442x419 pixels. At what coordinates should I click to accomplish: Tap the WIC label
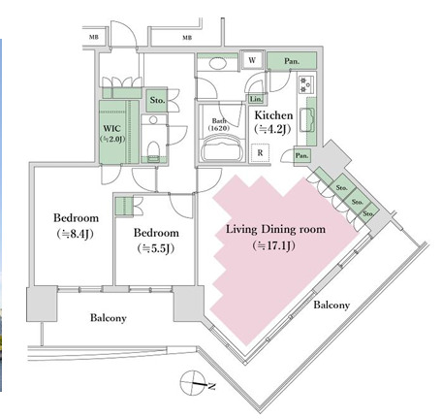pos(112,128)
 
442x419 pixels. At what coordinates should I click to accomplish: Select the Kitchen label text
pos(273,115)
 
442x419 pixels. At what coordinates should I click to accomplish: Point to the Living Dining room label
pos(275,229)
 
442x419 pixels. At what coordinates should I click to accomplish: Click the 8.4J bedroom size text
pos(75,234)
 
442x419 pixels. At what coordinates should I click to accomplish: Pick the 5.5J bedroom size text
pos(156,248)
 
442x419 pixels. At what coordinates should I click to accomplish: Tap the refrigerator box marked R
pos(260,153)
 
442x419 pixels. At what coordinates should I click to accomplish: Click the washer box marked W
pos(252,60)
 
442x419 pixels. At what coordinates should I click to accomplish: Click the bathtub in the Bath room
pos(222,148)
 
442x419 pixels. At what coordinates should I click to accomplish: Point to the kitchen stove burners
pos(304,84)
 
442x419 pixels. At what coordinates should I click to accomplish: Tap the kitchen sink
pos(307,120)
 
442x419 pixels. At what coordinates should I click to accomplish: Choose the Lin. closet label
pos(256,99)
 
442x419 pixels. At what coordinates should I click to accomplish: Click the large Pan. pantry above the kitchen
pos(292,61)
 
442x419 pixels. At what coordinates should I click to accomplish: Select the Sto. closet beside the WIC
pos(157,100)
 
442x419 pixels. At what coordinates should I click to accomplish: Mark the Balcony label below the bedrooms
pos(109,318)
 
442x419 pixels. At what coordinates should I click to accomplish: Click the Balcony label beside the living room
pos(331,305)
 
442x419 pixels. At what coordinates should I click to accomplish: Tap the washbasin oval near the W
pos(217,63)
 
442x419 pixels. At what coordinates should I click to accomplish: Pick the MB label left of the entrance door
pos(94,37)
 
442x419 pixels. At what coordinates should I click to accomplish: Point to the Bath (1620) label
pos(219,124)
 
